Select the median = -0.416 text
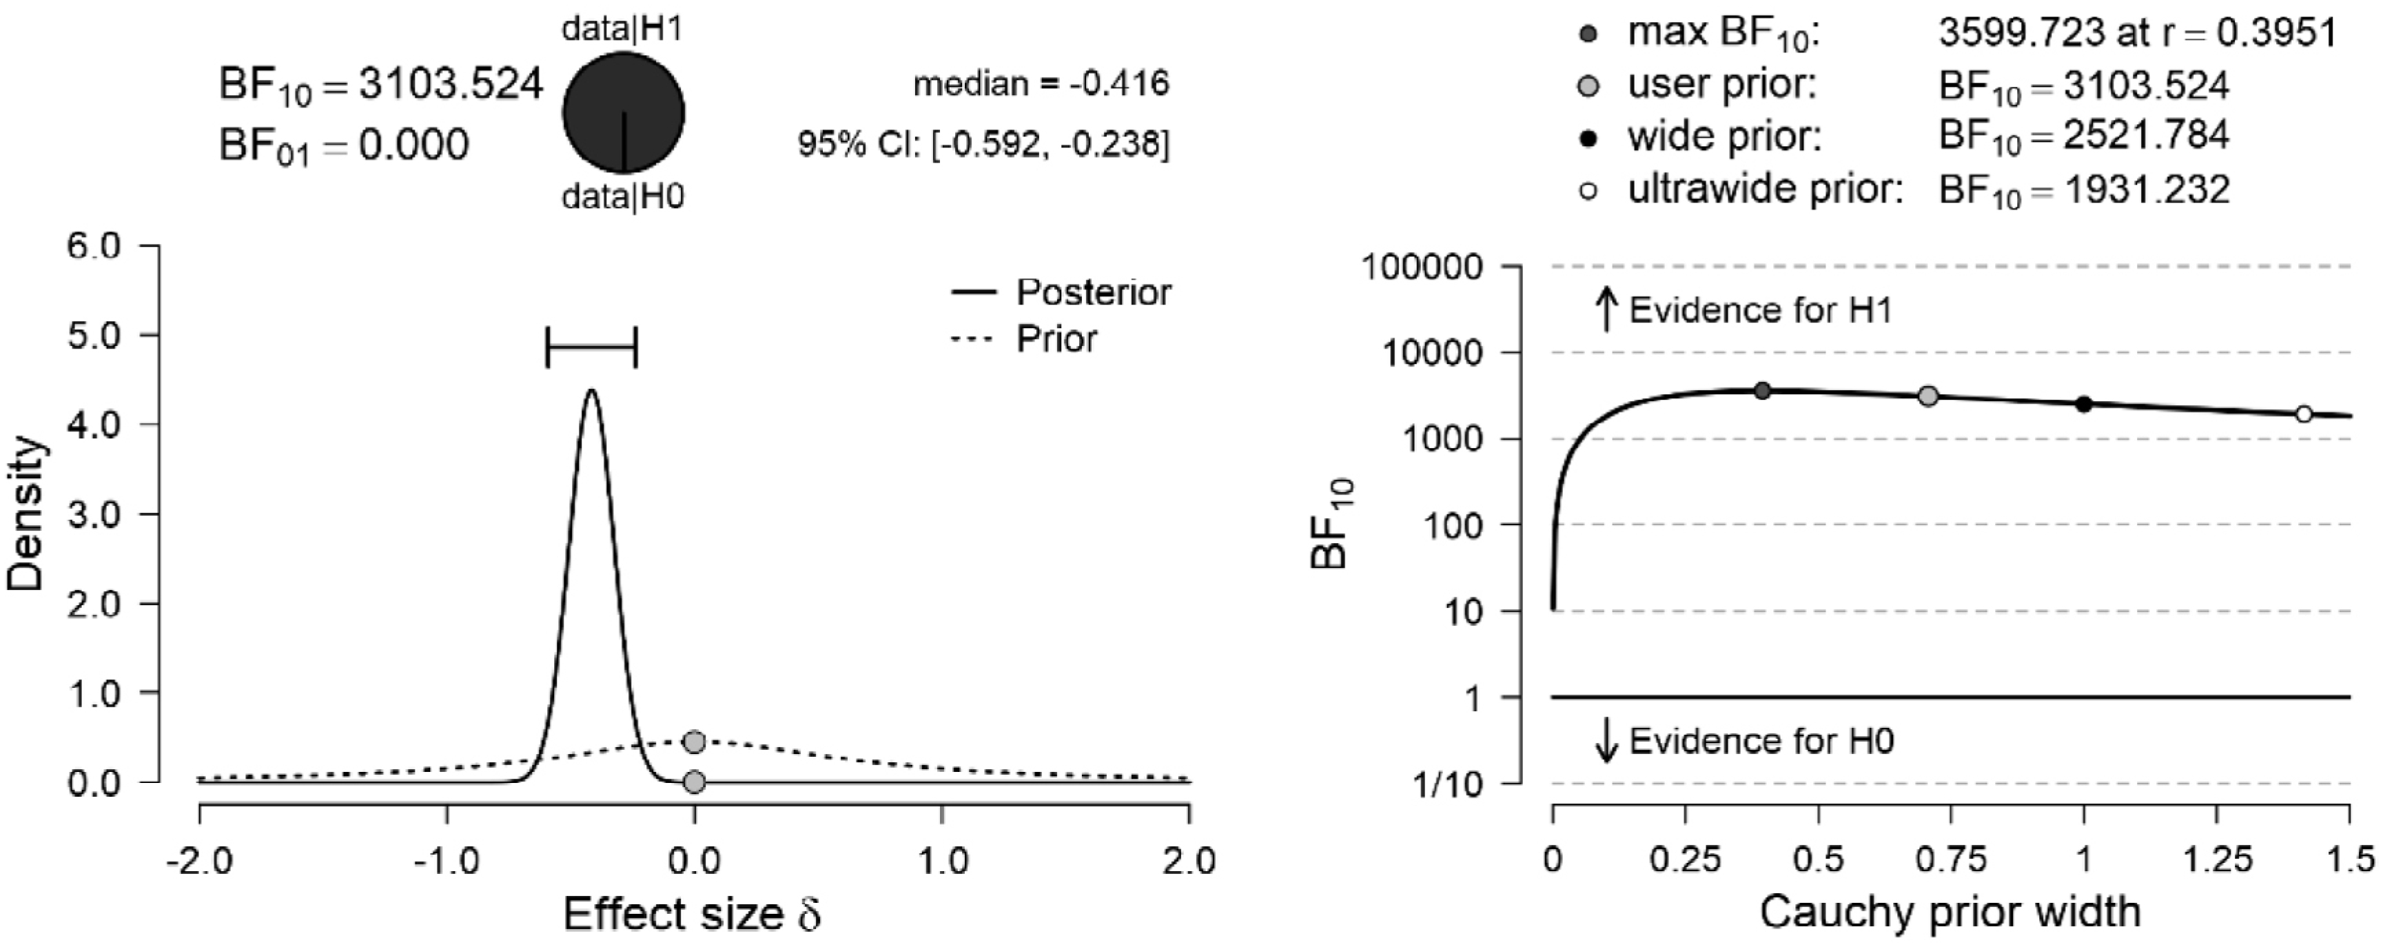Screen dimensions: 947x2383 click(1041, 84)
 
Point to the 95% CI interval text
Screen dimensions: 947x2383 click(983, 144)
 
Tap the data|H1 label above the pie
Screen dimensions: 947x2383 click(622, 30)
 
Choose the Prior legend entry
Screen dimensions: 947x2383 click(1056, 338)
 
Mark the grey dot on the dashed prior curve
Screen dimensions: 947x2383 click(694, 741)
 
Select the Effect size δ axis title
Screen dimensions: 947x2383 click(692, 915)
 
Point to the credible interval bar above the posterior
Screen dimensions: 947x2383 click(591, 348)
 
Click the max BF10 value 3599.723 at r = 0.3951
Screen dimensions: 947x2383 click(2136, 33)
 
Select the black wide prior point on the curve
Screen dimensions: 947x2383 click(2083, 404)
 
